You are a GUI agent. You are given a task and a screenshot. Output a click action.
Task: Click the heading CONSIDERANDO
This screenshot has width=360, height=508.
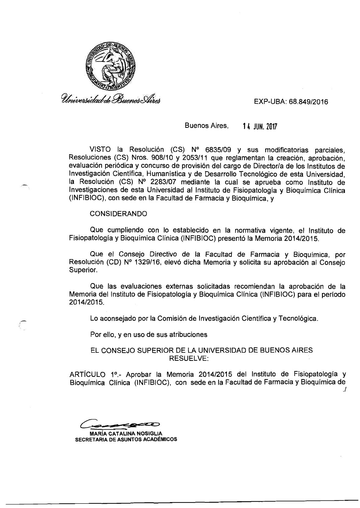click(119, 214)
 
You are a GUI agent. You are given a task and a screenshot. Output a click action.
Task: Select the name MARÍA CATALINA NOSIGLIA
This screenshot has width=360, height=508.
click(124, 434)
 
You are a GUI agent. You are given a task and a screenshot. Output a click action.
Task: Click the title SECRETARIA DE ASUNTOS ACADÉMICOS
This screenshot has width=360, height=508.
click(126, 439)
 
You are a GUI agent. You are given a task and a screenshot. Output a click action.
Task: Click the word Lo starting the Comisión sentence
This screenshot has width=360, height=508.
click(94, 318)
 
